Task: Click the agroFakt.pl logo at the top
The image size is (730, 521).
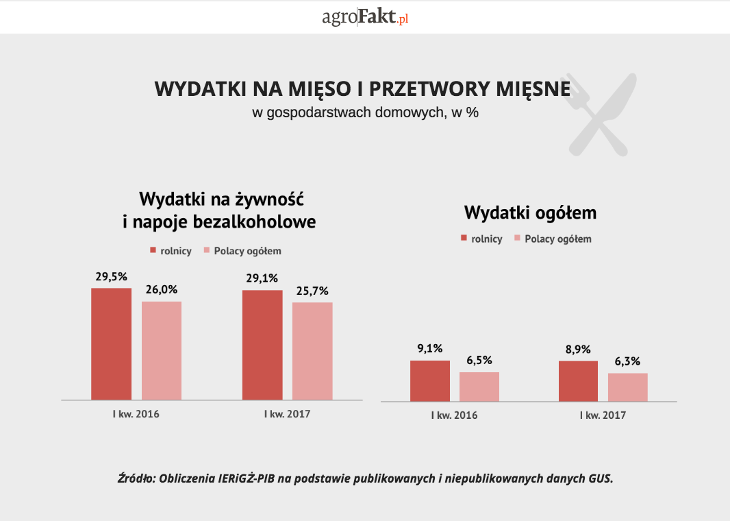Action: tap(365, 17)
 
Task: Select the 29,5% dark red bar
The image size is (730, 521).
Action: tap(111, 343)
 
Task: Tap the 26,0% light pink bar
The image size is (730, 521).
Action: tap(162, 350)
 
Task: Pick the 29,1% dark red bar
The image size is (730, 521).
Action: tap(262, 345)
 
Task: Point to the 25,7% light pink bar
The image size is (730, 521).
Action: tap(312, 351)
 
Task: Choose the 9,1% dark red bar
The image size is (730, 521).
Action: tap(430, 380)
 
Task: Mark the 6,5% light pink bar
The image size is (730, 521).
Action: tap(479, 387)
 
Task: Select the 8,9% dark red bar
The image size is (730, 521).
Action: tap(579, 381)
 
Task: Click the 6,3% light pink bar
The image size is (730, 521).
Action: tap(628, 387)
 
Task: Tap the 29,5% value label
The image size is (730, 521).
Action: tap(111, 277)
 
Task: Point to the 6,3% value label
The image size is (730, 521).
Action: tap(628, 361)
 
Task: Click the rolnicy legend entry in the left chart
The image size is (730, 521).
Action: tap(171, 251)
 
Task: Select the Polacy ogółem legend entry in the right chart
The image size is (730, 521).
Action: tap(553, 239)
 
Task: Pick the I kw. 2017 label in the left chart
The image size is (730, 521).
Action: tap(287, 414)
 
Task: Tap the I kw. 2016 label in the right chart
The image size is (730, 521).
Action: tap(454, 415)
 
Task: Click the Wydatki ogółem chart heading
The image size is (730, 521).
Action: tap(530, 213)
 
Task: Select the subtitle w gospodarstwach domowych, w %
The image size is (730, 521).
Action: tap(365, 113)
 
